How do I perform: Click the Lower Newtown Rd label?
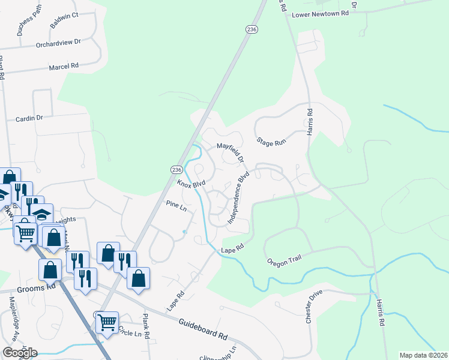320,13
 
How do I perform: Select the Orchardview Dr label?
58,43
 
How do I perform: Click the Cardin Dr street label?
29,118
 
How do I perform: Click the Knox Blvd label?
191,183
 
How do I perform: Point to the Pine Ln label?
176,205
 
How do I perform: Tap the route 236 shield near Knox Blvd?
176,170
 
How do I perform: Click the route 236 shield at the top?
252,29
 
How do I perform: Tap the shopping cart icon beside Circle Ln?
107,322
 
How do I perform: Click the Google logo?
20,353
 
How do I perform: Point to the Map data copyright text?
424,355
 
